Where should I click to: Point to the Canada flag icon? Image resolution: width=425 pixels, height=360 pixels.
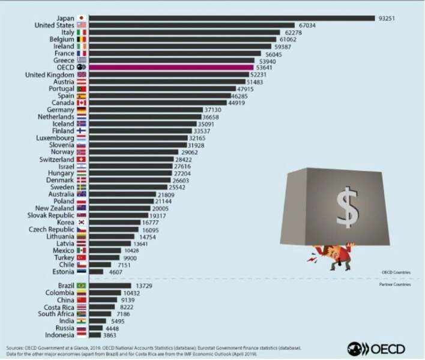click(x=82, y=102)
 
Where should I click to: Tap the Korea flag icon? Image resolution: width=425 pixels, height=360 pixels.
click(x=82, y=223)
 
